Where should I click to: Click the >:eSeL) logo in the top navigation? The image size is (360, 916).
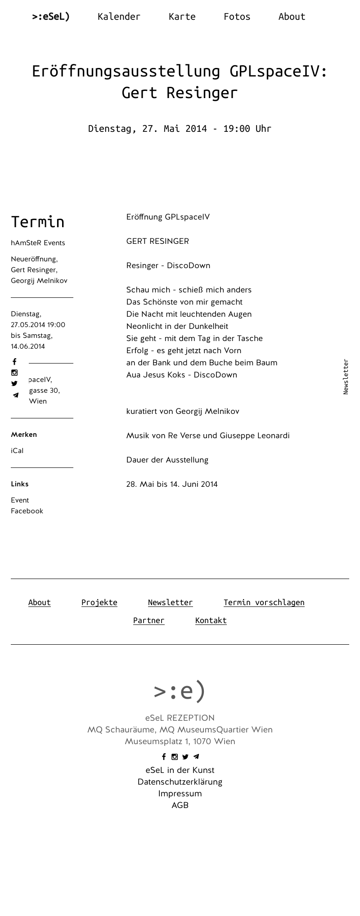click(51, 17)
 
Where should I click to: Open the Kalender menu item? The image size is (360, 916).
click(119, 17)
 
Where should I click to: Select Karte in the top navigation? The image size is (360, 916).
click(182, 17)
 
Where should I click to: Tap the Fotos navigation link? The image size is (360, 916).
click(237, 17)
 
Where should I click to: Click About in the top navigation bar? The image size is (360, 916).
click(292, 17)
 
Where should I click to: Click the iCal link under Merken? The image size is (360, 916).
click(17, 451)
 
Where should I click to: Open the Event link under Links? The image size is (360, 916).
click(20, 500)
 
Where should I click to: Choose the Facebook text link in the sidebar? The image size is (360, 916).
click(27, 511)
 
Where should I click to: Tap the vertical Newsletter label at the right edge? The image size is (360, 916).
click(346, 377)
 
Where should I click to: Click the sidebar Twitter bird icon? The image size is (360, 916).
click(14, 384)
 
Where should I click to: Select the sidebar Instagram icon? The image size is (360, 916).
click(14, 373)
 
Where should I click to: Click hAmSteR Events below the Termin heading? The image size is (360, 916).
click(38, 243)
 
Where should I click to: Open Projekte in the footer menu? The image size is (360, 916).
click(99, 602)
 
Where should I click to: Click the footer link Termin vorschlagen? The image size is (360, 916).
click(264, 602)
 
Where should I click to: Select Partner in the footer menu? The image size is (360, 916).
click(148, 620)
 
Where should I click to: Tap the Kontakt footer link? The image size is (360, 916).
click(211, 620)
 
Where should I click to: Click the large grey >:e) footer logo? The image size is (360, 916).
click(180, 691)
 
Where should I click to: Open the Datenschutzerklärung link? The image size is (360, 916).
click(180, 782)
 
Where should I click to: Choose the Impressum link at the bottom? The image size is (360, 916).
click(180, 794)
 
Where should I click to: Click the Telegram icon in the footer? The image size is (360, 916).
click(196, 757)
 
